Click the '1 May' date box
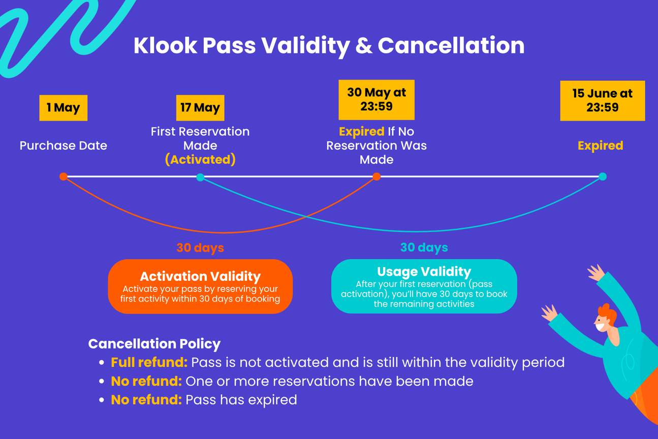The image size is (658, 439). [x=63, y=108]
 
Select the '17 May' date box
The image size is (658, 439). [x=200, y=108]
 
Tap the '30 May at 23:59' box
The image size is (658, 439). [x=377, y=100]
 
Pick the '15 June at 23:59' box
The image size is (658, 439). [x=602, y=101]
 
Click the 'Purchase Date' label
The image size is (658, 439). [x=63, y=145]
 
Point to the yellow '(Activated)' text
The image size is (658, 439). [x=200, y=159]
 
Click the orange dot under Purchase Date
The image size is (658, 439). [x=63, y=177]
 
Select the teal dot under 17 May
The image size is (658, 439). [x=200, y=177]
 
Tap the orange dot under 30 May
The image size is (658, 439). [x=377, y=177]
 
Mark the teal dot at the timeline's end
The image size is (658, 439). [x=603, y=177]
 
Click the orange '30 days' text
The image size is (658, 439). [x=200, y=248]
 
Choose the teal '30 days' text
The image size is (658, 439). [x=424, y=247]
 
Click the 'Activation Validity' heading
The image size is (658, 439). [x=200, y=277]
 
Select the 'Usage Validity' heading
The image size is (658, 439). [x=424, y=272]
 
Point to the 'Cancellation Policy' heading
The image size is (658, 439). [x=154, y=344]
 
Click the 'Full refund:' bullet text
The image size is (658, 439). [x=149, y=363]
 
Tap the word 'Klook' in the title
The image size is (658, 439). [x=165, y=46]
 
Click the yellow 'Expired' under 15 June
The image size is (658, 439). [x=600, y=145]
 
